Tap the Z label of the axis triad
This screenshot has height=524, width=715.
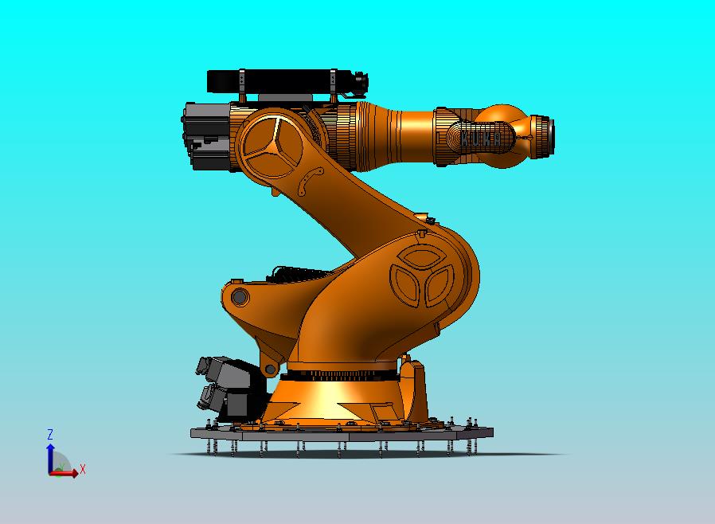[x=49, y=434]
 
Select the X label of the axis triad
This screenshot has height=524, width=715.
[x=82, y=469]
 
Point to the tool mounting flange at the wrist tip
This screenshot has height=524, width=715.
[x=545, y=135]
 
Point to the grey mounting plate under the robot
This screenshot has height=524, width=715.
[x=342, y=434]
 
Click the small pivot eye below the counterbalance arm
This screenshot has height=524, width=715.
[x=270, y=369]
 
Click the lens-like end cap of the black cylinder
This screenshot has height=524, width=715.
[x=363, y=80]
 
